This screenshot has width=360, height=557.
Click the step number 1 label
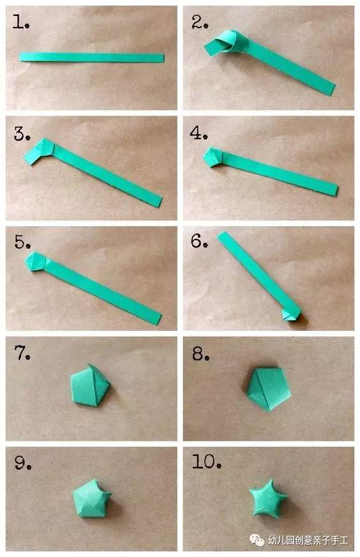[20, 22]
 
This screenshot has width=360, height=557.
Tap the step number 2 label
[200, 22]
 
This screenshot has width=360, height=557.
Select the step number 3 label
[22, 134]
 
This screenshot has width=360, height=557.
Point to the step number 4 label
[199, 132]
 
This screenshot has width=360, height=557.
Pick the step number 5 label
[22, 241]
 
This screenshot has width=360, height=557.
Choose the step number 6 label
[199, 241]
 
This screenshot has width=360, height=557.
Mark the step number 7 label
[22, 353]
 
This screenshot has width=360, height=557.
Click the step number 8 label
[200, 354]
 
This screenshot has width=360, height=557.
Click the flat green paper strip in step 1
[92, 57]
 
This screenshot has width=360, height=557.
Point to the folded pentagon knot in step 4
[213, 156]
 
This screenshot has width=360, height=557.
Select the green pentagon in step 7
[90, 385]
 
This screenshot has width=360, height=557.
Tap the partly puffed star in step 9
[92, 498]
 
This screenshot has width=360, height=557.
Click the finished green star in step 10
[268, 498]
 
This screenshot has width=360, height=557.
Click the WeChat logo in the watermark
[257, 540]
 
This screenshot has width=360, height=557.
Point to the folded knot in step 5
[36, 261]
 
